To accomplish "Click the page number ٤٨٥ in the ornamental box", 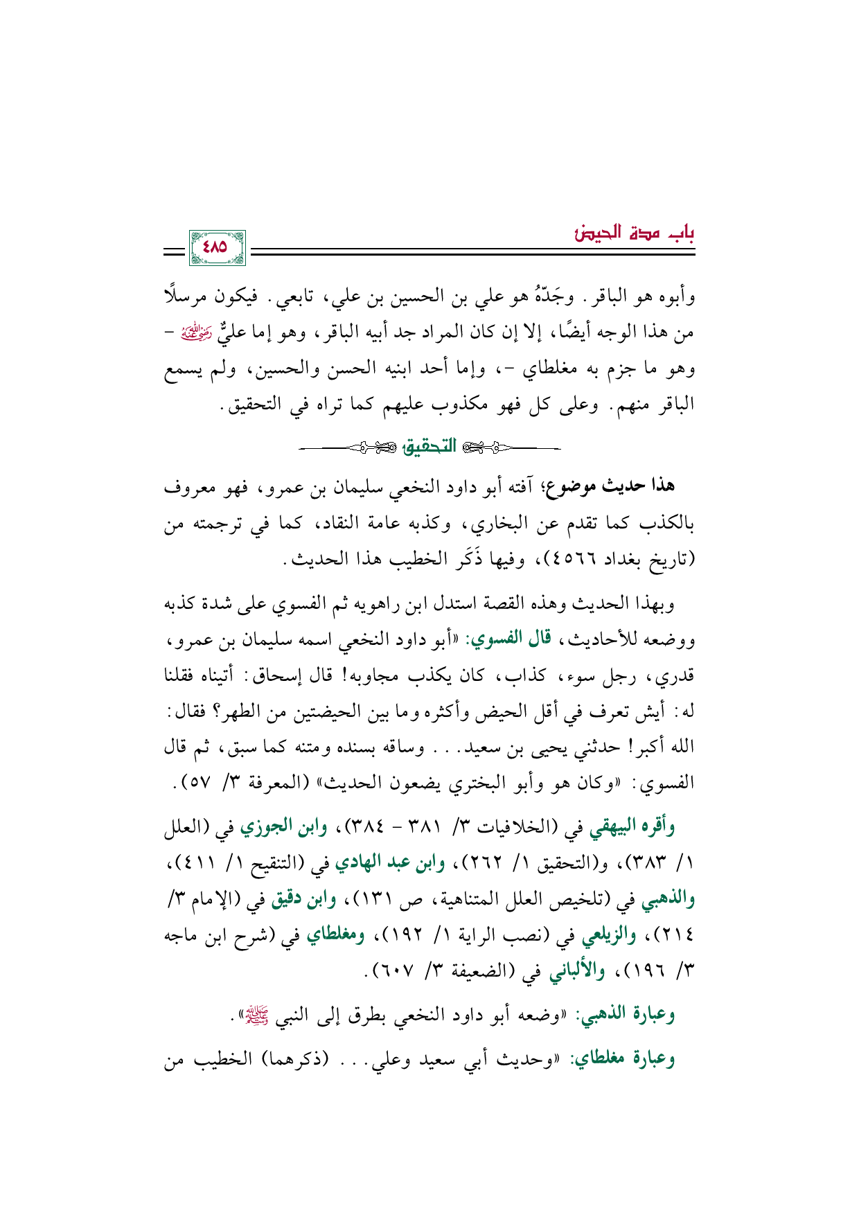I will [217, 247].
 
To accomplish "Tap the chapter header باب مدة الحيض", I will [635, 233].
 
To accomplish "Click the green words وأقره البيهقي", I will [630, 826].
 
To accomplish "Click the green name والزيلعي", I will [609, 937].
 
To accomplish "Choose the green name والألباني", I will [576, 973].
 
